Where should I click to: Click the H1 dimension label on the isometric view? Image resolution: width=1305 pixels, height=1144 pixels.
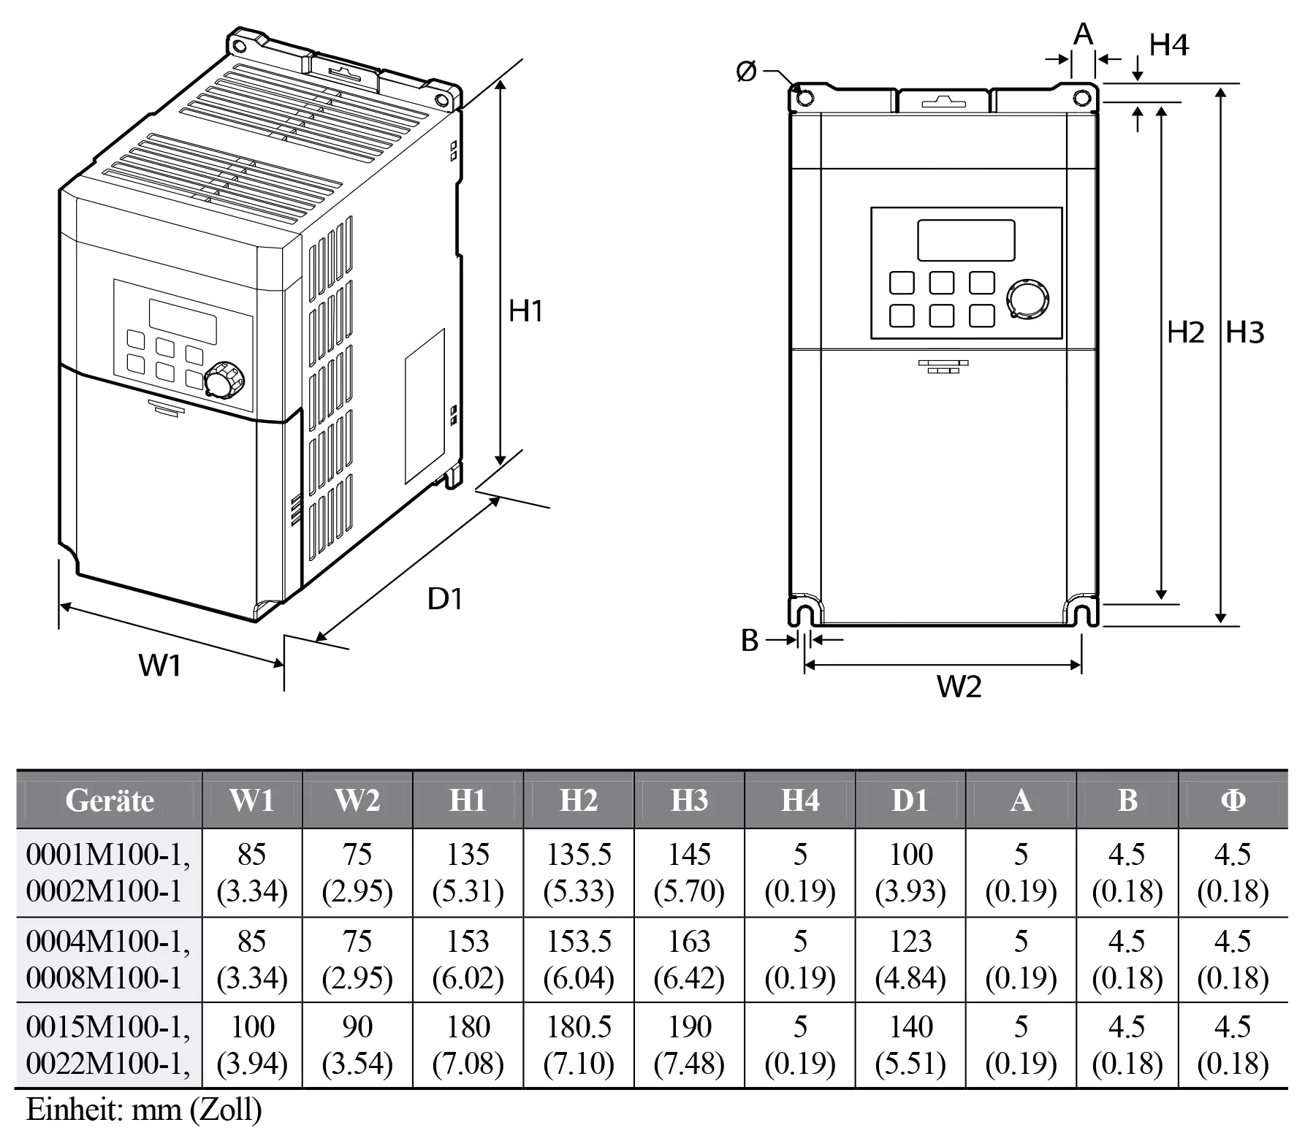point(525,311)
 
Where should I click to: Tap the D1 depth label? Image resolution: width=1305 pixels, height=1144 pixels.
point(444,599)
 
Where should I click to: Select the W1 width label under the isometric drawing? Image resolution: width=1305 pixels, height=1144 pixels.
point(160,666)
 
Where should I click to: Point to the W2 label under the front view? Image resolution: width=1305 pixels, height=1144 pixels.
point(959,687)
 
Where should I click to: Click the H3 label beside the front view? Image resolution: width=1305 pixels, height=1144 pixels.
point(1244,332)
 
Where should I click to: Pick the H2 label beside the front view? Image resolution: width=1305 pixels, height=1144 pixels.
point(1184,332)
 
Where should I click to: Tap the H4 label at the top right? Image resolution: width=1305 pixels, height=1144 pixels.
point(1169,45)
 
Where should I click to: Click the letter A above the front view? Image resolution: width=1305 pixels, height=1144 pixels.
point(1084,34)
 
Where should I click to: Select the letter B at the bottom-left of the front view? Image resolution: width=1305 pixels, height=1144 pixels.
point(750,640)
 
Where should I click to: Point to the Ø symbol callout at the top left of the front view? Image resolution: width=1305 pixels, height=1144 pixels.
point(747,72)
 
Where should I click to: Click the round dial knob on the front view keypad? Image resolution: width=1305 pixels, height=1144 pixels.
point(1027,298)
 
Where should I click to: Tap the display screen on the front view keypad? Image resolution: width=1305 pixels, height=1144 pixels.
point(965,240)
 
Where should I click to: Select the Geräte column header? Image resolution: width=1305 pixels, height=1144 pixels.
point(110,801)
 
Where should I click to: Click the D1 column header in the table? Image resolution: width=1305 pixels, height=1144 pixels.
point(910,801)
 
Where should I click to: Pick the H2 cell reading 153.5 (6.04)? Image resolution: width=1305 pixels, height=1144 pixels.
point(579,959)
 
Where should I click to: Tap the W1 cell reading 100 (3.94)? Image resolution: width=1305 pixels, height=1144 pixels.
point(252,1045)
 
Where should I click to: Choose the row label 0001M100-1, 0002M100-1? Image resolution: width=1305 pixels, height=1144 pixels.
point(108,873)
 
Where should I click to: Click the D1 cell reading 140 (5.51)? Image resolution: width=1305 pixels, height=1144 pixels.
point(910,1045)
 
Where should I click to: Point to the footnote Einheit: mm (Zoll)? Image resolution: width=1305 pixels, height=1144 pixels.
point(144,1110)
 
